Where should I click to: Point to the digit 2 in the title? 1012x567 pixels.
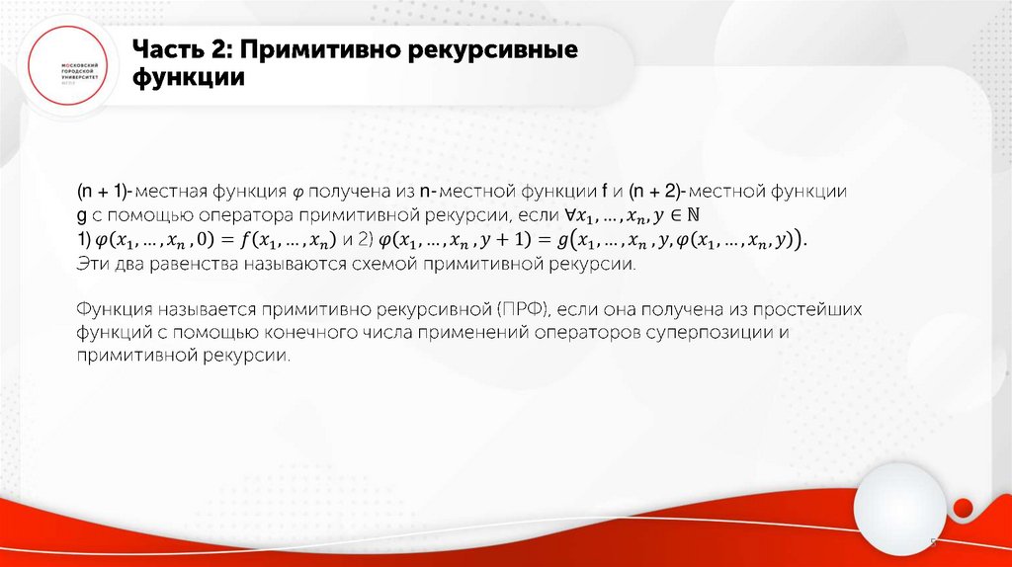point(223,50)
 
